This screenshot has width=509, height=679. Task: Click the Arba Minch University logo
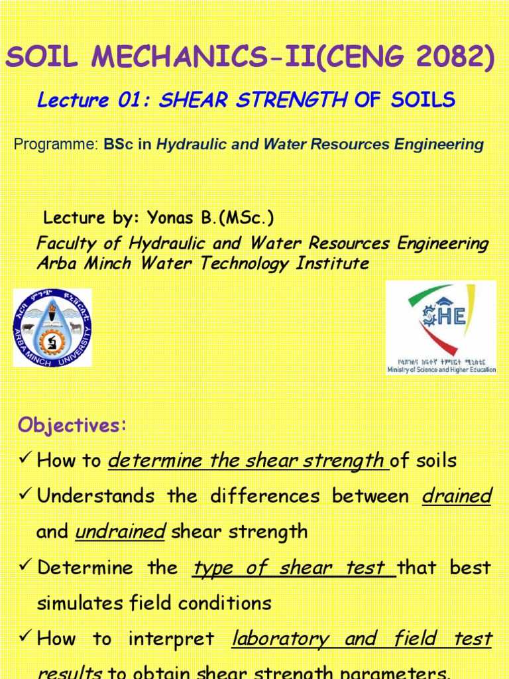(x=52, y=328)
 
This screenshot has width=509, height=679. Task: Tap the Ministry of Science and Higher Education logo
(x=441, y=327)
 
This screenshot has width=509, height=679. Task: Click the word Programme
(x=56, y=145)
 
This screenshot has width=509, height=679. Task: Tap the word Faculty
(x=66, y=243)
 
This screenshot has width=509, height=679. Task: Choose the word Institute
(x=332, y=263)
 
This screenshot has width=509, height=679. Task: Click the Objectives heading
(x=72, y=426)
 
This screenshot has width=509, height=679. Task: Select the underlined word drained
(x=457, y=496)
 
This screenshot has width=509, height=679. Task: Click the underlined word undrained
(x=120, y=532)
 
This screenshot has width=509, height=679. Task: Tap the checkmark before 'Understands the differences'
(x=25, y=497)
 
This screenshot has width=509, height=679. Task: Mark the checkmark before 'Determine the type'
(x=25, y=568)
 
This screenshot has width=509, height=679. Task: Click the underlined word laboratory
(x=280, y=639)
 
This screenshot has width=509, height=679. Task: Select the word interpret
(x=171, y=639)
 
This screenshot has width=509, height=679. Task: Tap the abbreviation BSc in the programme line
(x=119, y=145)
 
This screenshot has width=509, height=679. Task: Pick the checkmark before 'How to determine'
(x=25, y=461)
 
